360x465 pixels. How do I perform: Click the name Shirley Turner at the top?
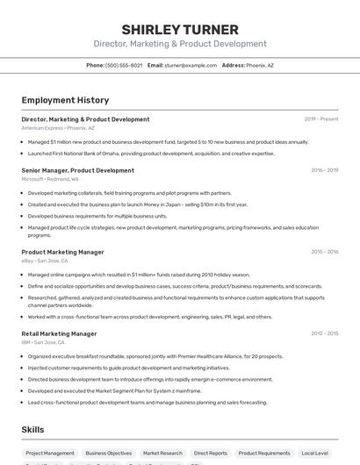[180, 28]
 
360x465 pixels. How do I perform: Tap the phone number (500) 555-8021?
[123, 65]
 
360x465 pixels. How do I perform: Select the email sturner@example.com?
[190, 65]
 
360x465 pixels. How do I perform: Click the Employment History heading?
[65, 100]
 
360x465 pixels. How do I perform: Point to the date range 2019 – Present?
[321, 118]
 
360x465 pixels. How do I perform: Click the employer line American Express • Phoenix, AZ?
[58, 128]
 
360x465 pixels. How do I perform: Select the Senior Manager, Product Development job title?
[77, 170]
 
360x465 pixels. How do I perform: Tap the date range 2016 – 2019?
[324, 170]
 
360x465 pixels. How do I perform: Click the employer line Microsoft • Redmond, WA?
[50, 179]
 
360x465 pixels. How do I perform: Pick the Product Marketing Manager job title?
[62, 252]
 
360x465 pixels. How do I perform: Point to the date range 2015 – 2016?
[324, 252]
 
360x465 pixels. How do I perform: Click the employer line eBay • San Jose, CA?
[45, 261]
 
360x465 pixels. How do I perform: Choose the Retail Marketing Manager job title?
[59, 333]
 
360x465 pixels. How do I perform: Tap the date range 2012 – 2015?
[324, 333]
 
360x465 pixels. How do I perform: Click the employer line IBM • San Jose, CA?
[43, 342]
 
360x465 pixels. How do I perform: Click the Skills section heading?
[33, 429]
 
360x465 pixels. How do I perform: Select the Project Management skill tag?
[50, 453]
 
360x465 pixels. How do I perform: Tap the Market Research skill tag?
[162, 453]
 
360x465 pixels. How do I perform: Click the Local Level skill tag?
[314, 453]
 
